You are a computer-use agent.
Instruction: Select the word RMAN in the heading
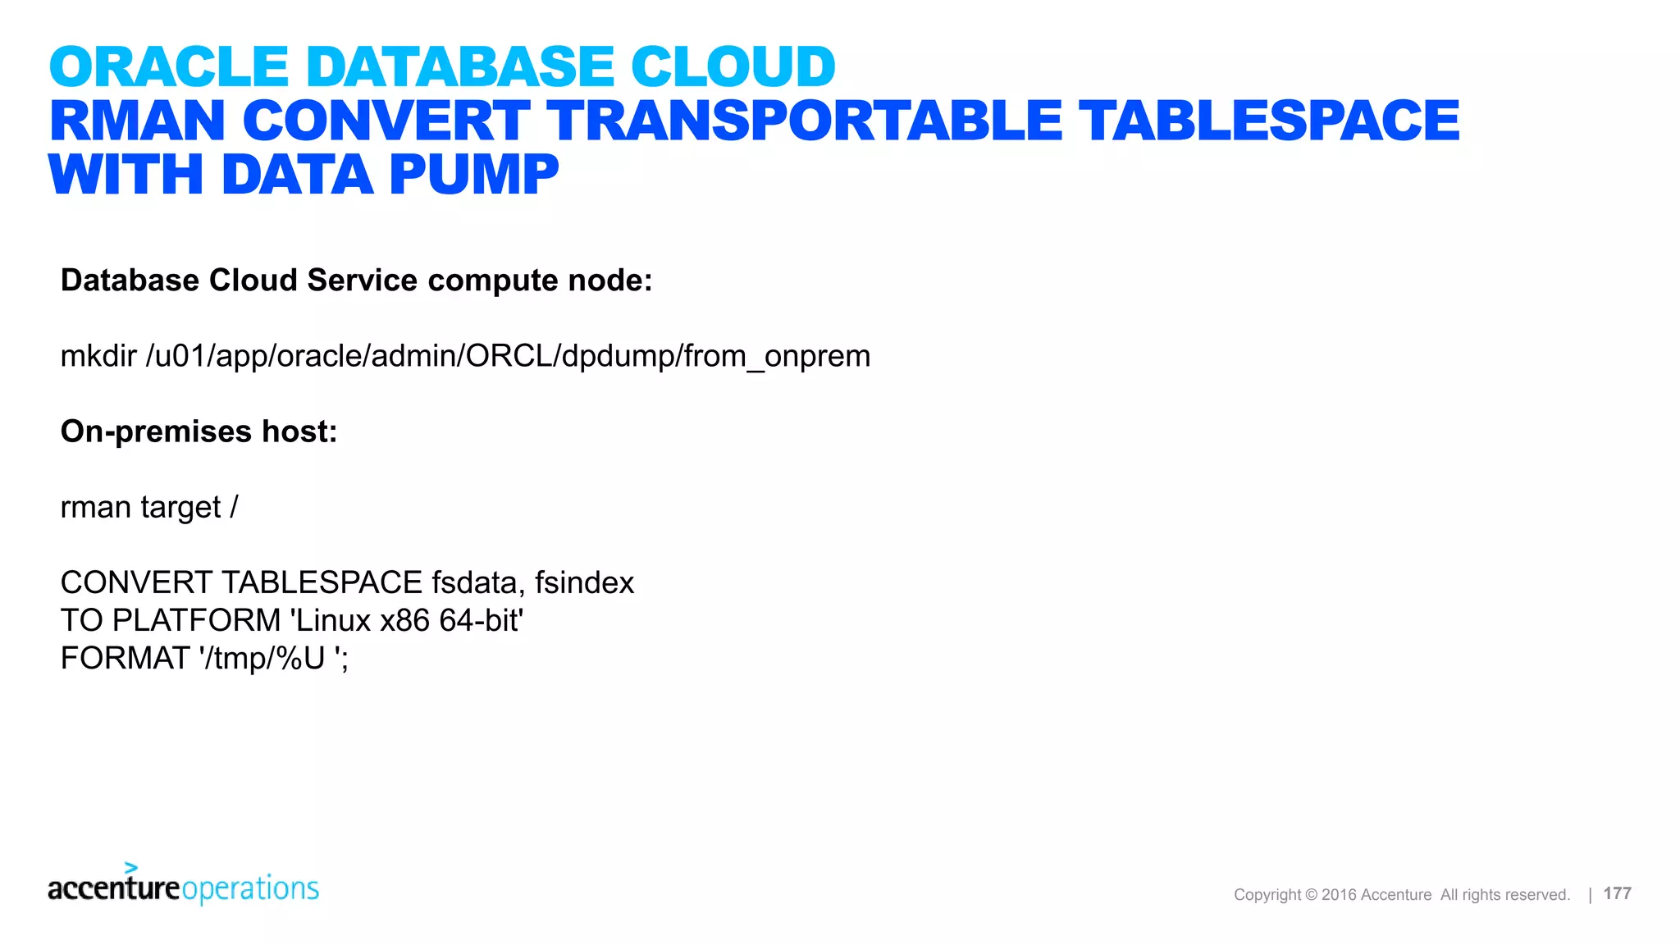click(x=137, y=121)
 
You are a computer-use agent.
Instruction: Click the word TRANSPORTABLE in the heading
click(x=804, y=121)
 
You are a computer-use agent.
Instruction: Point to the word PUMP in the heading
click(x=474, y=175)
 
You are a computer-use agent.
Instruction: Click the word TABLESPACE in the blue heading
click(x=1268, y=121)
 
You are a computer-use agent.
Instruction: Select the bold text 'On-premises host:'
click(x=199, y=431)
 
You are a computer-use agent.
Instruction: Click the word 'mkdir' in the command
click(x=98, y=356)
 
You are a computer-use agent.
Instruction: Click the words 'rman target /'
click(x=148, y=508)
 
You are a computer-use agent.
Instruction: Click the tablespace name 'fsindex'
click(x=584, y=583)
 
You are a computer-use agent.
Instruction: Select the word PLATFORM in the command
click(x=196, y=621)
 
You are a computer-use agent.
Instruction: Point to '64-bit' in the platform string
click(x=481, y=621)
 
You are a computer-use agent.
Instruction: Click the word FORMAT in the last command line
click(x=125, y=659)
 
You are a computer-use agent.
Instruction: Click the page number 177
click(x=1617, y=893)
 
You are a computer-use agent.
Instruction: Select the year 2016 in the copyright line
click(x=1339, y=895)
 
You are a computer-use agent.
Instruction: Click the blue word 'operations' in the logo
click(x=250, y=888)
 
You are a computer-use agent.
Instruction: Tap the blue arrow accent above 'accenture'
click(x=131, y=868)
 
